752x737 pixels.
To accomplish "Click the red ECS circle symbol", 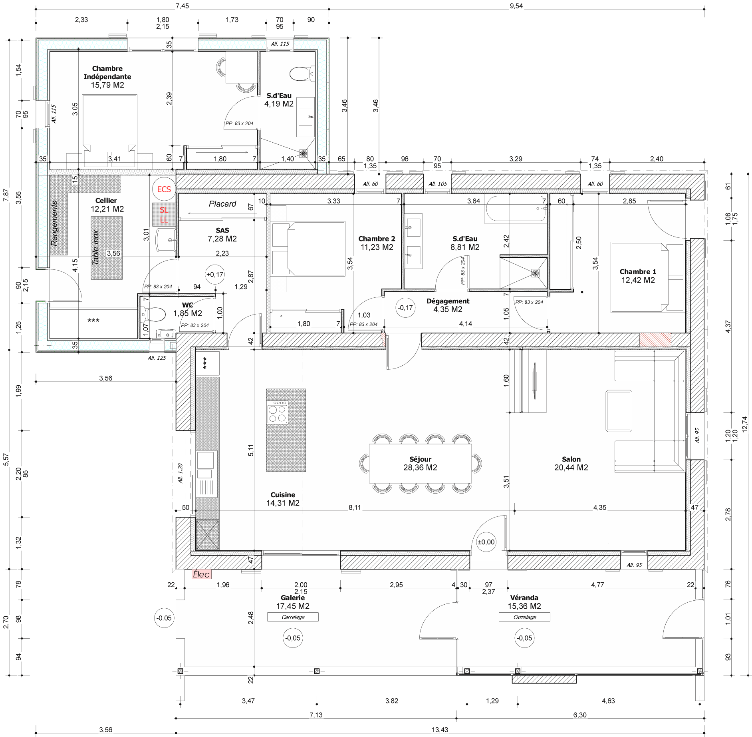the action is pos(164,189).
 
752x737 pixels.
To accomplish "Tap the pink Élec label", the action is pos(201,574).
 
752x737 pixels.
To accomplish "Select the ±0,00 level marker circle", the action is pos(486,542).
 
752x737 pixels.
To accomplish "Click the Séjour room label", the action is pos(420,459).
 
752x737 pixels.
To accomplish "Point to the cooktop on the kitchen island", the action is pos(277,412).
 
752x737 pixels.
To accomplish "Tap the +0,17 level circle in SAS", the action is pos(215,275).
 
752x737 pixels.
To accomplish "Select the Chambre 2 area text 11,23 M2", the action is pos(377,247).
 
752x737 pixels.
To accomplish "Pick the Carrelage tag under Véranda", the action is pos(524,617).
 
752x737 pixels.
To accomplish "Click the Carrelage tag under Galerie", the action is pos(293,617).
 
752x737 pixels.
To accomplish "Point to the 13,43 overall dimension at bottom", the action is pos(440,730).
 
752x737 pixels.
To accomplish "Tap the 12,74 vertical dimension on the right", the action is pos(744,424).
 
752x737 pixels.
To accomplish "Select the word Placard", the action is pos(222,204).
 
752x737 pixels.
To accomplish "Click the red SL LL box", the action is pos(164,215).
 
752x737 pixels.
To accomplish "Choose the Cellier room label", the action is pos(106,201).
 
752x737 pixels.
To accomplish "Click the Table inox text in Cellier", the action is pos(95,247).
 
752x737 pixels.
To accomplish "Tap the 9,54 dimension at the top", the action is pos(516,6).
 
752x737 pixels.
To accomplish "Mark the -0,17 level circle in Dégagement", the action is pos(405,308).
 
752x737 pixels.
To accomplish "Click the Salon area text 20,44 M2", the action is pos(571,468).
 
